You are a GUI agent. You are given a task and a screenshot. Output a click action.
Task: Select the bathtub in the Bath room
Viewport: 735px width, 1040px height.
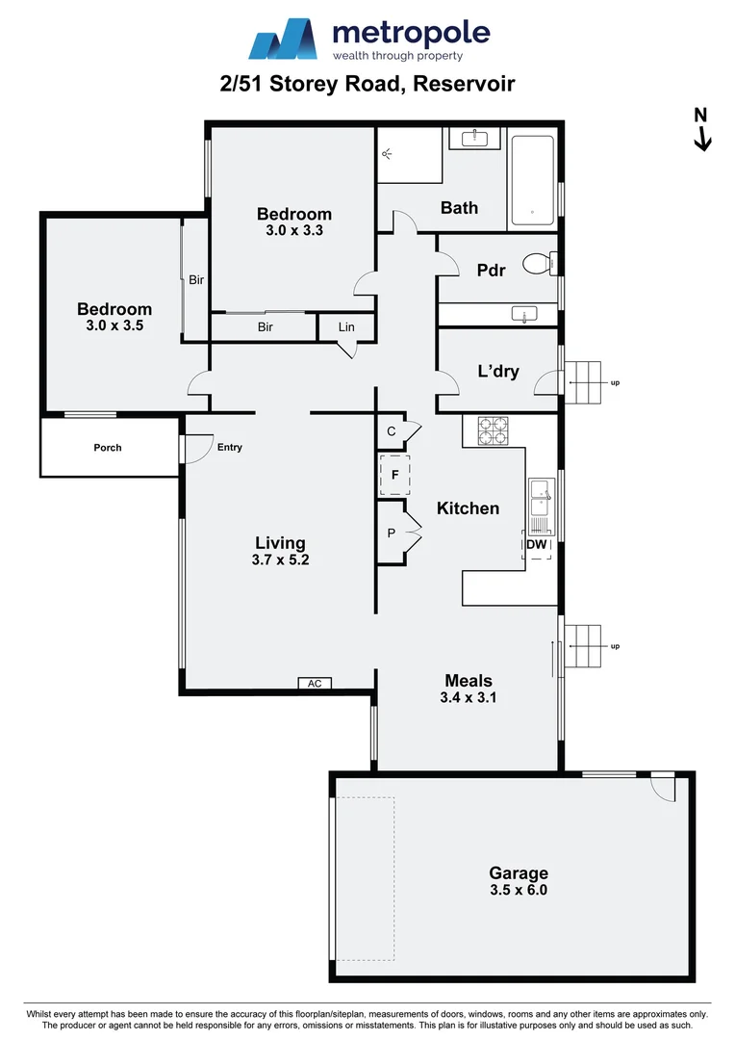pos(531,180)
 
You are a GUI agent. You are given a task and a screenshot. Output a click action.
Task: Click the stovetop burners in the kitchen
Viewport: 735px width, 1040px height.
pos(493,430)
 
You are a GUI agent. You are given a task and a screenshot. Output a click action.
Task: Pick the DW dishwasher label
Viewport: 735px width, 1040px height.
pos(536,545)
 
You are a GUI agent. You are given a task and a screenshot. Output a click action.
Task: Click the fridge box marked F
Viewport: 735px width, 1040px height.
pos(394,475)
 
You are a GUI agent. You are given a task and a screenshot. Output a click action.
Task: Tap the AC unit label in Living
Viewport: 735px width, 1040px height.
pos(314,684)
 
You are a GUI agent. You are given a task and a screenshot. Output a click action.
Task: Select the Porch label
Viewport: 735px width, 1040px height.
pos(108,448)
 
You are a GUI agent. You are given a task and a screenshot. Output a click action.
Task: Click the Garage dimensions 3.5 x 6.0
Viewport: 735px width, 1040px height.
pos(518,891)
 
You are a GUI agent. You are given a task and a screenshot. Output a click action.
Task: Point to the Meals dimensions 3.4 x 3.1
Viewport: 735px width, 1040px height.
pos(468,698)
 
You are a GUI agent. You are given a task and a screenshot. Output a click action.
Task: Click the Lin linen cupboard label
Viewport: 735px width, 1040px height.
pos(346,327)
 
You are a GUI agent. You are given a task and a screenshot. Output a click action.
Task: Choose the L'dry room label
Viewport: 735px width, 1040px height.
pos(498,371)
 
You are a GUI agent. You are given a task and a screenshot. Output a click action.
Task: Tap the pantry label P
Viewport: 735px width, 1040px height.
pos(392,532)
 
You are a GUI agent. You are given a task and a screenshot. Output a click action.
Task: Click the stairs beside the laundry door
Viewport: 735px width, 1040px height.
pos(582,382)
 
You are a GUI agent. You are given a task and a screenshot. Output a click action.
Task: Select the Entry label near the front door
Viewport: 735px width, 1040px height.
pos(230,447)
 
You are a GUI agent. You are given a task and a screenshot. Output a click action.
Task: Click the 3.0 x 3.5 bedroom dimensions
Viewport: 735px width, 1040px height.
pos(114,326)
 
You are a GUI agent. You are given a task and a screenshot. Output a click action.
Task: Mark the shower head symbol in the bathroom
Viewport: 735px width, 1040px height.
pos(387,152)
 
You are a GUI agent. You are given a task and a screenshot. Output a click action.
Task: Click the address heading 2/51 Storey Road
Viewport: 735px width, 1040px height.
pos(367,84)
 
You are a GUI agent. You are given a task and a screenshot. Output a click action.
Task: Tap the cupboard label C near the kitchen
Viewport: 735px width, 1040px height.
pos(392,431)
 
